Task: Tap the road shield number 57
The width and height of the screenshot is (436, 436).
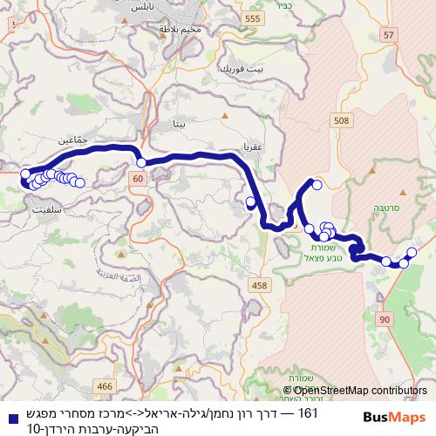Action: tap(389, 35)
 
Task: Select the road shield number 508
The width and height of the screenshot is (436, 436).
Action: tap(341, 120)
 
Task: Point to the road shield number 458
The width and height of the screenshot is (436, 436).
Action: tap(259, 285)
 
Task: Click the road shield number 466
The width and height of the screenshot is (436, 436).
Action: tap(106, 386)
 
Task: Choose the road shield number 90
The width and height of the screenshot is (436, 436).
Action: tap(385, 321)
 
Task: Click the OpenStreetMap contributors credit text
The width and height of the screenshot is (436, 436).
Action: tap(355, 391)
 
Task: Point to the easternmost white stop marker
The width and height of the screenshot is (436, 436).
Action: tap(412, 251)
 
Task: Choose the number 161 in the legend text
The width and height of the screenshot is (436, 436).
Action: tap(308, 411)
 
